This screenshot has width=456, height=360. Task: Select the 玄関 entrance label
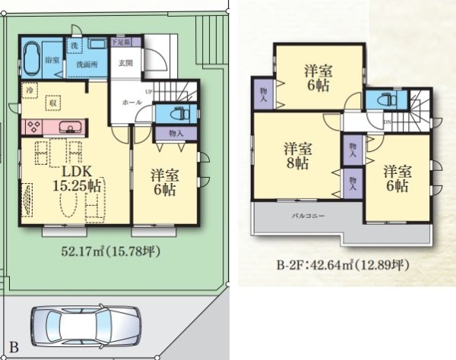[x=125, y=64]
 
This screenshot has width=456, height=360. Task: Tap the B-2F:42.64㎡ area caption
[x=343, y=266]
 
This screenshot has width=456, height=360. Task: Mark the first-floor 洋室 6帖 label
[x=163, y=181]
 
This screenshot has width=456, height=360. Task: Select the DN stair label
[x=387, y=122]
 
